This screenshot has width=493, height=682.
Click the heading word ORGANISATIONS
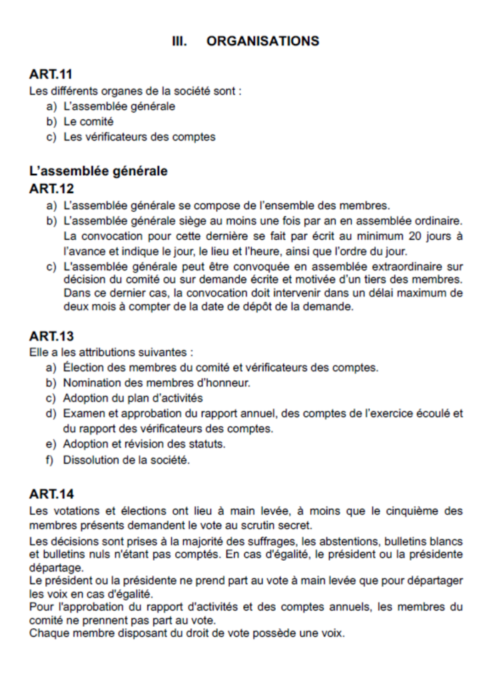pos(262,41)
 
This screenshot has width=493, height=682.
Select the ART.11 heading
pos(51,75)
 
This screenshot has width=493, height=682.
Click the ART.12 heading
pos(51,188)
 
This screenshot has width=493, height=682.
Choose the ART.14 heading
pos(51,494)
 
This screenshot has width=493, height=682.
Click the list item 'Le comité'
pos(88,122)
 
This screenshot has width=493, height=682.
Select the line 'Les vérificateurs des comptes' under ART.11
pos(139,137)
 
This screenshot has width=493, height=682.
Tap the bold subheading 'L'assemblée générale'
pos(99,171)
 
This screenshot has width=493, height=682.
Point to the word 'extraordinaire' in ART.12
pos(408,267)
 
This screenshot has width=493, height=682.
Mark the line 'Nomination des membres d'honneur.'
pos(157,383)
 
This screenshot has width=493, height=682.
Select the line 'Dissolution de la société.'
pos(126,460)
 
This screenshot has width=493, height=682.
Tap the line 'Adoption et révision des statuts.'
pos(144,444)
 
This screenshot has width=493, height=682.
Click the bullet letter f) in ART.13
pos(50,460)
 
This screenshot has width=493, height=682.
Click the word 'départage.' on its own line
pos(57,567)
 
